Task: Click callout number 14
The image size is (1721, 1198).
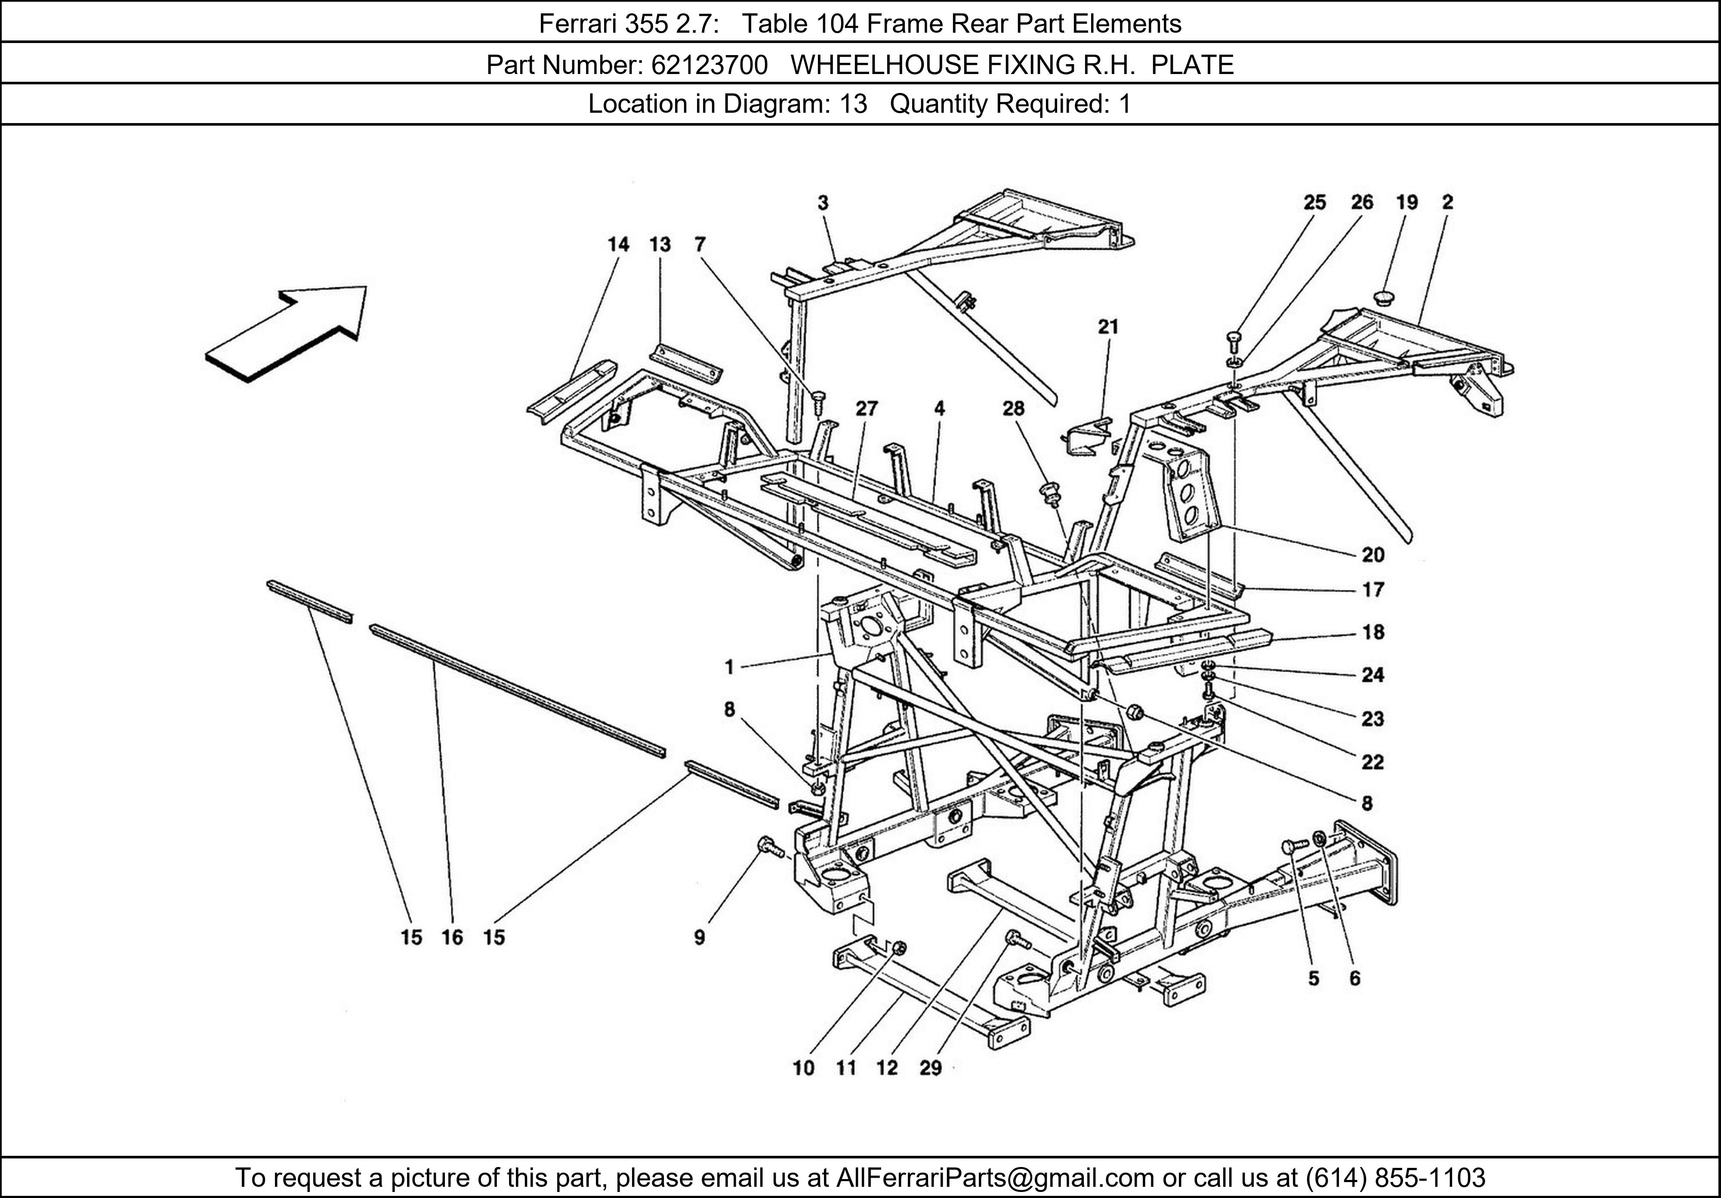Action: tap(618, 244)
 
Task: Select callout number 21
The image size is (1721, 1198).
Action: tap(1108, 327)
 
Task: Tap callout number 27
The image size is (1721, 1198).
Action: tap(867, 408)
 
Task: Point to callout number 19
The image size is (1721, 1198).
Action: tap(1407, 202)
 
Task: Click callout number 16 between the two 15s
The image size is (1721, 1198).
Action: tap(452, 937)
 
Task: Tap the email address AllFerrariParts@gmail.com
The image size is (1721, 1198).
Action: tap(995, 1178)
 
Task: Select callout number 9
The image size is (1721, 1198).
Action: tap(699, 937)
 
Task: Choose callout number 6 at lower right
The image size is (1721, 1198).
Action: tap(1354, 979)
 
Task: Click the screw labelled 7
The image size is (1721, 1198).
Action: tap(818, 400)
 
